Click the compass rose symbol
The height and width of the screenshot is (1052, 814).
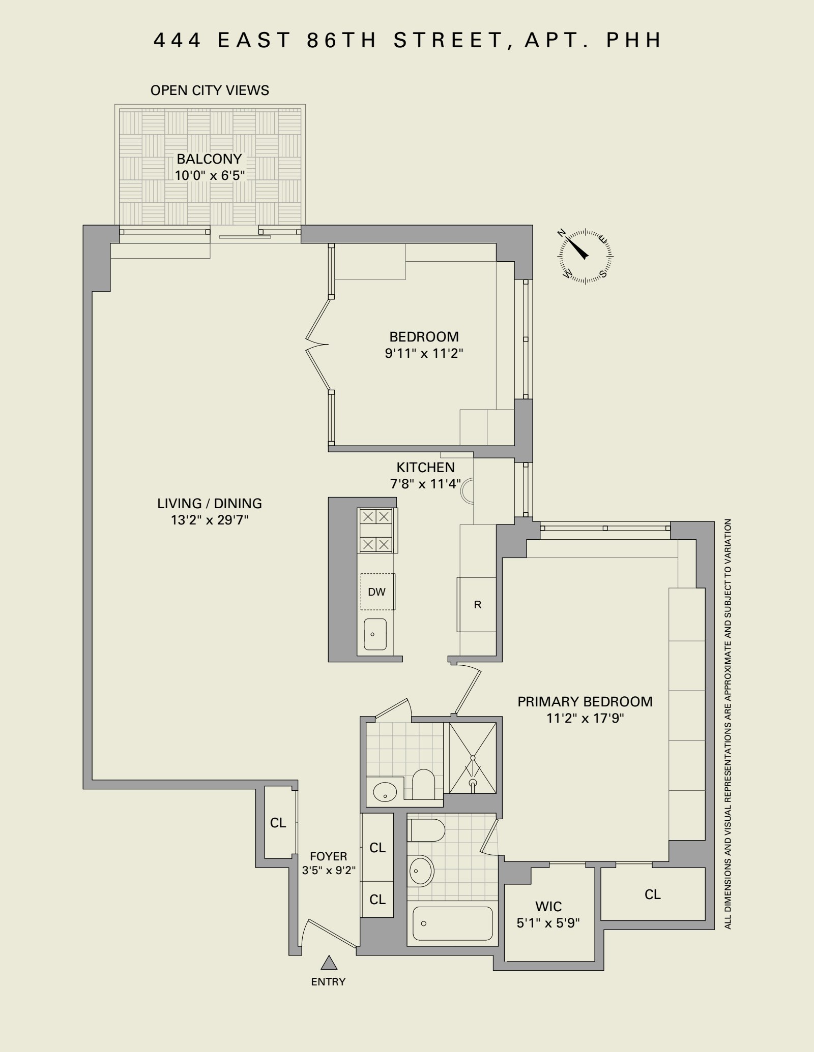[x=586, y=256]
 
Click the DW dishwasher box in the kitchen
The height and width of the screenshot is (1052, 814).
[x=377, y=592]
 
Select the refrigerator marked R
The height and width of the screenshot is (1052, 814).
[x=477, y=604]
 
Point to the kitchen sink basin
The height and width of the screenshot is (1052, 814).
[x=375, y=634]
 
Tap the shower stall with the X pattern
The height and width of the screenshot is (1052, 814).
[x=472, y=758]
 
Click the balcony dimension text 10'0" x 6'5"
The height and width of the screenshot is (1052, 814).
[x=210, y=176]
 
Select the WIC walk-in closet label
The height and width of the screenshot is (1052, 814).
[x=548, y=906]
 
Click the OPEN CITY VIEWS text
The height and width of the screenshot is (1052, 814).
[x=210, y=90]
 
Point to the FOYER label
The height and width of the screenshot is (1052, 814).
[x=328, y=856]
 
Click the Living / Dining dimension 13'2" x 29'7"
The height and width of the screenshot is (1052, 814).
[x=210, y=520]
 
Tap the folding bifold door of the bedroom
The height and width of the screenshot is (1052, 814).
[x=317, y=345]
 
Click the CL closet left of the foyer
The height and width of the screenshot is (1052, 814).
[x=278, y=822]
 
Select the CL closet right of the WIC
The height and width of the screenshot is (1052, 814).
[x=653, y=894]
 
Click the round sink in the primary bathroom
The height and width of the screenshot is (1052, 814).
[x=421, y=871]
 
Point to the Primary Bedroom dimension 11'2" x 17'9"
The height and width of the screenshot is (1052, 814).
[x=585, y=718]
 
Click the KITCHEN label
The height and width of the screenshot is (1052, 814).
[x=425, y=467]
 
